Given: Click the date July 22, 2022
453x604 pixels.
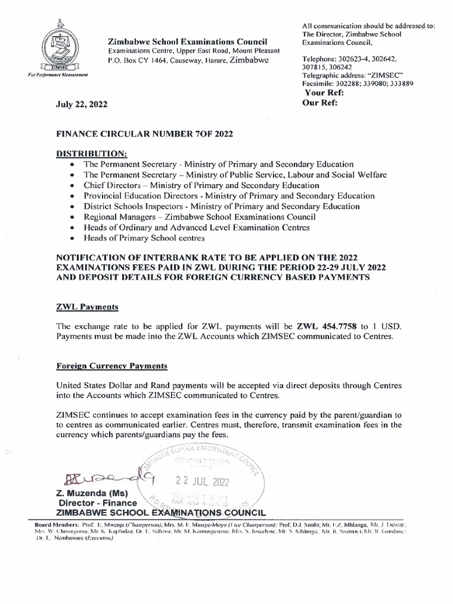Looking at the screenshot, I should click(82, 104).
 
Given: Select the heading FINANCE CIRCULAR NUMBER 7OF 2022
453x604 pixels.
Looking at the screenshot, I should click(144, 133).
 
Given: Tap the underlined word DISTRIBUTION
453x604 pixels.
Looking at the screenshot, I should click(91, 153).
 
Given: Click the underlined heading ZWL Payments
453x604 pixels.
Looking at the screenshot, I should click(87, 307).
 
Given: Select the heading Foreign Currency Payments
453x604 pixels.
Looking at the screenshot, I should click(111, 366).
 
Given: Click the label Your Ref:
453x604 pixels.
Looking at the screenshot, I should click(324, 93).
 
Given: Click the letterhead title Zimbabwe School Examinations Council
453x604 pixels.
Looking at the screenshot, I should click(187, 41).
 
